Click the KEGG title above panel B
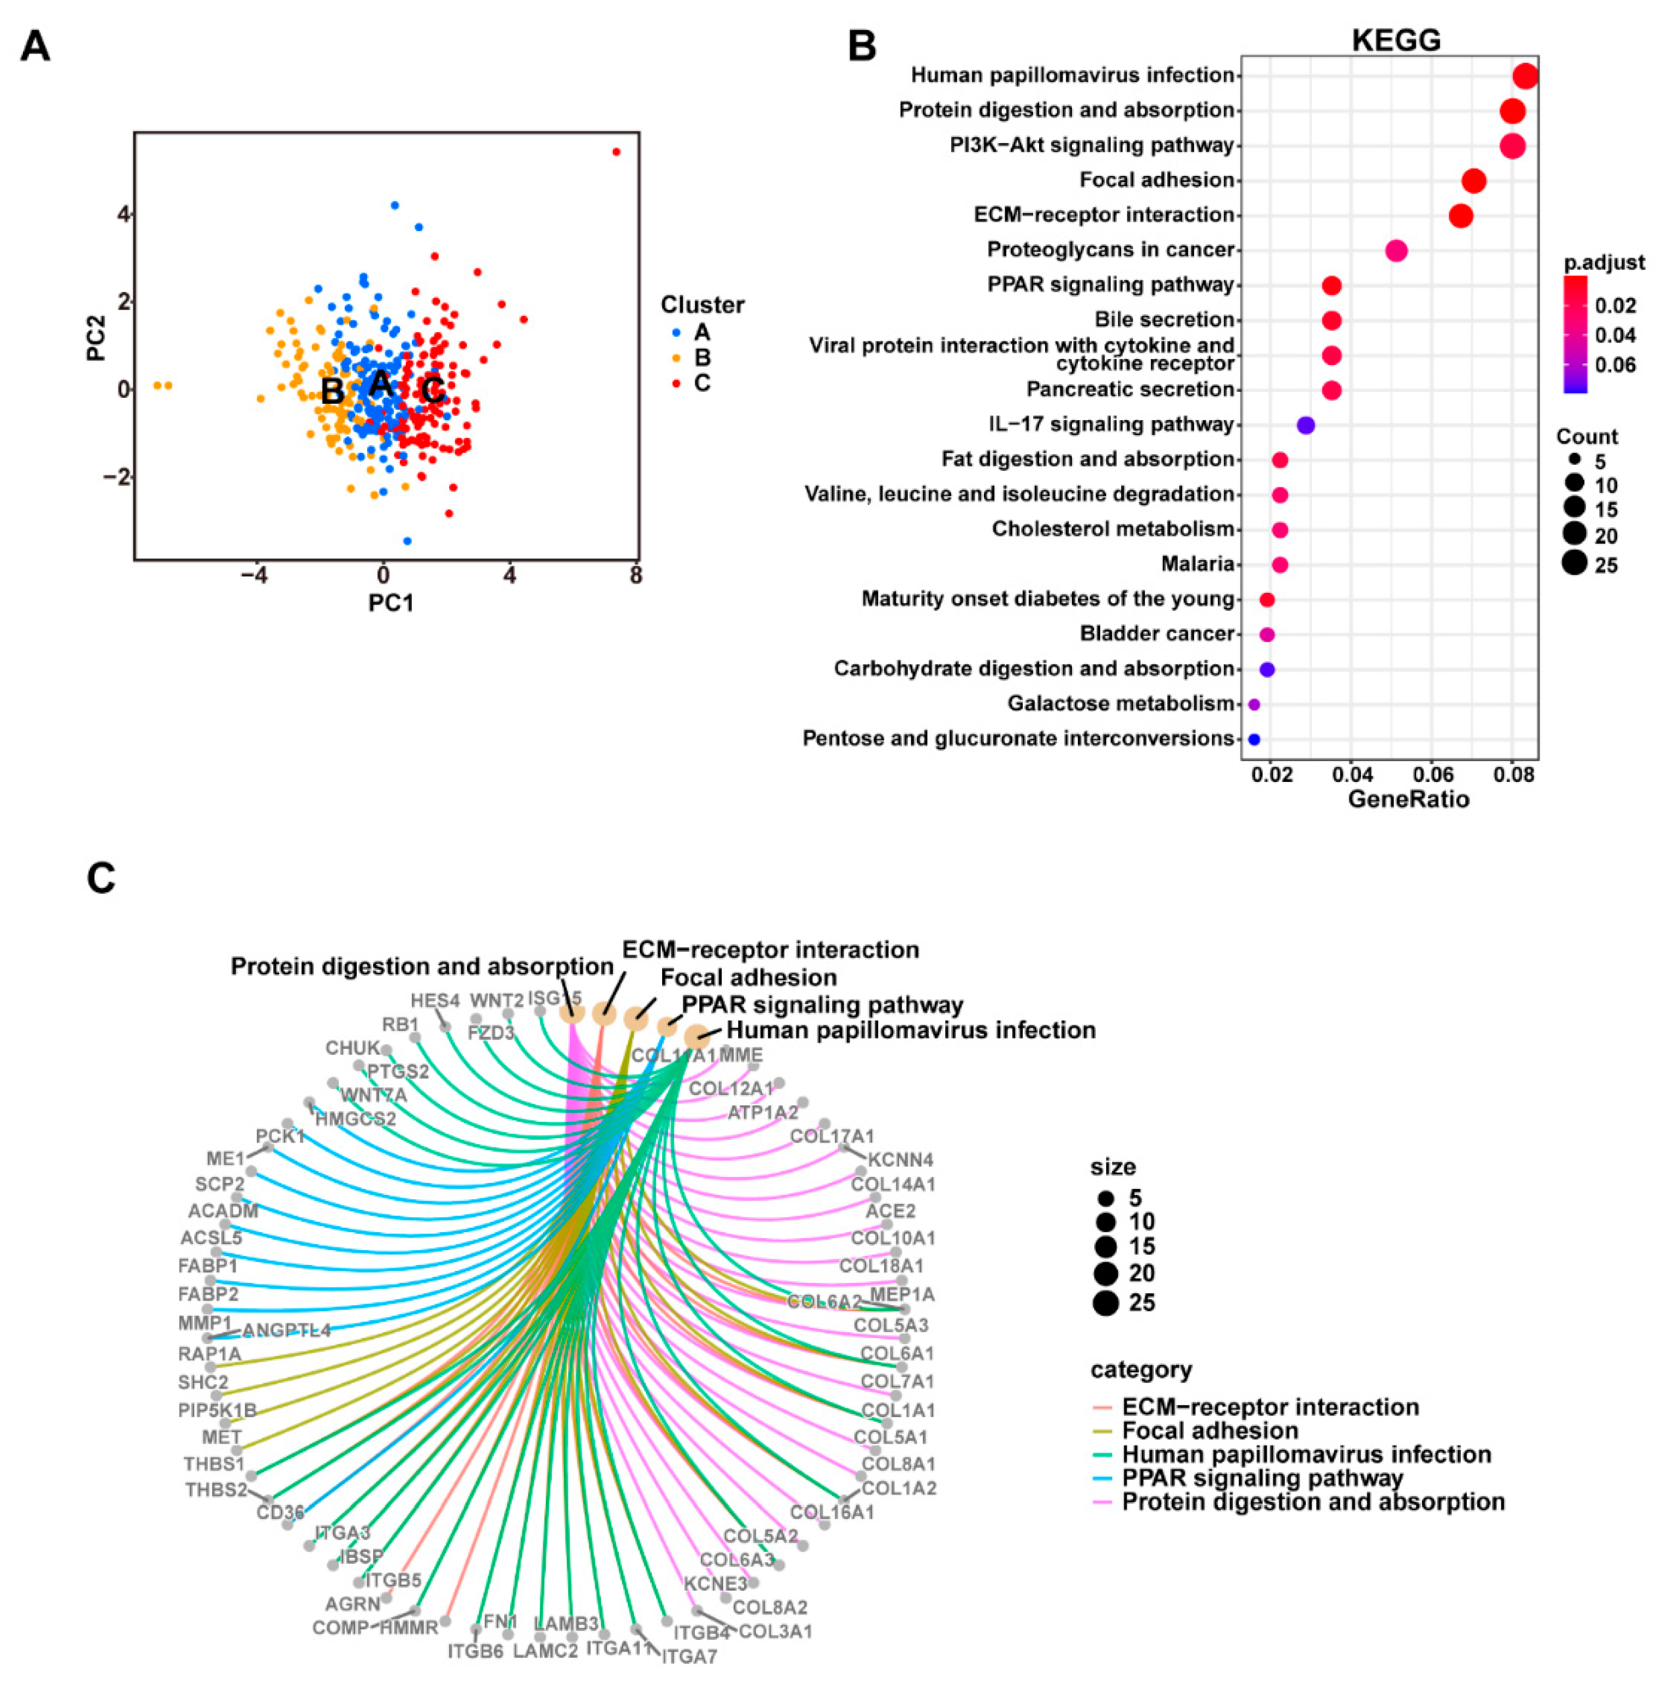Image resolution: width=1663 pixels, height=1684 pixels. pyautogui.click(x=1395, y=39)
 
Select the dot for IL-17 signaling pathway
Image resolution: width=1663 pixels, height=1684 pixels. pyautogui.click(x=1305, y=425)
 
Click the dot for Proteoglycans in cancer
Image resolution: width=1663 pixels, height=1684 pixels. pyautogui.click(x=1395, y=251)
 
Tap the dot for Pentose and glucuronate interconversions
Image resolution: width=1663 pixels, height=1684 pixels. pyautogui.click(x=1253, y=739)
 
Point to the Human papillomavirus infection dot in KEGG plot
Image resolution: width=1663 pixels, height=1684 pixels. pyautogui.click(x=1524, y=76)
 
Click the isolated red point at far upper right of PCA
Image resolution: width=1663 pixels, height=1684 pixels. pyautogui.click(x=616, y=152)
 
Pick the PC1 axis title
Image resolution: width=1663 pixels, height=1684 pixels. pyautogui.click(x=391, y=602)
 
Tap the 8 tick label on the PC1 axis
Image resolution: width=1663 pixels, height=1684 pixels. pyautogui.click(x=636, y=575)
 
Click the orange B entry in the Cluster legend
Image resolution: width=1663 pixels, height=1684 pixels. pyautogui.click(x=701, y=357)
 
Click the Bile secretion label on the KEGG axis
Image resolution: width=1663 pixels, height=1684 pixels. pyautogui.click(x=1164, y=319)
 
